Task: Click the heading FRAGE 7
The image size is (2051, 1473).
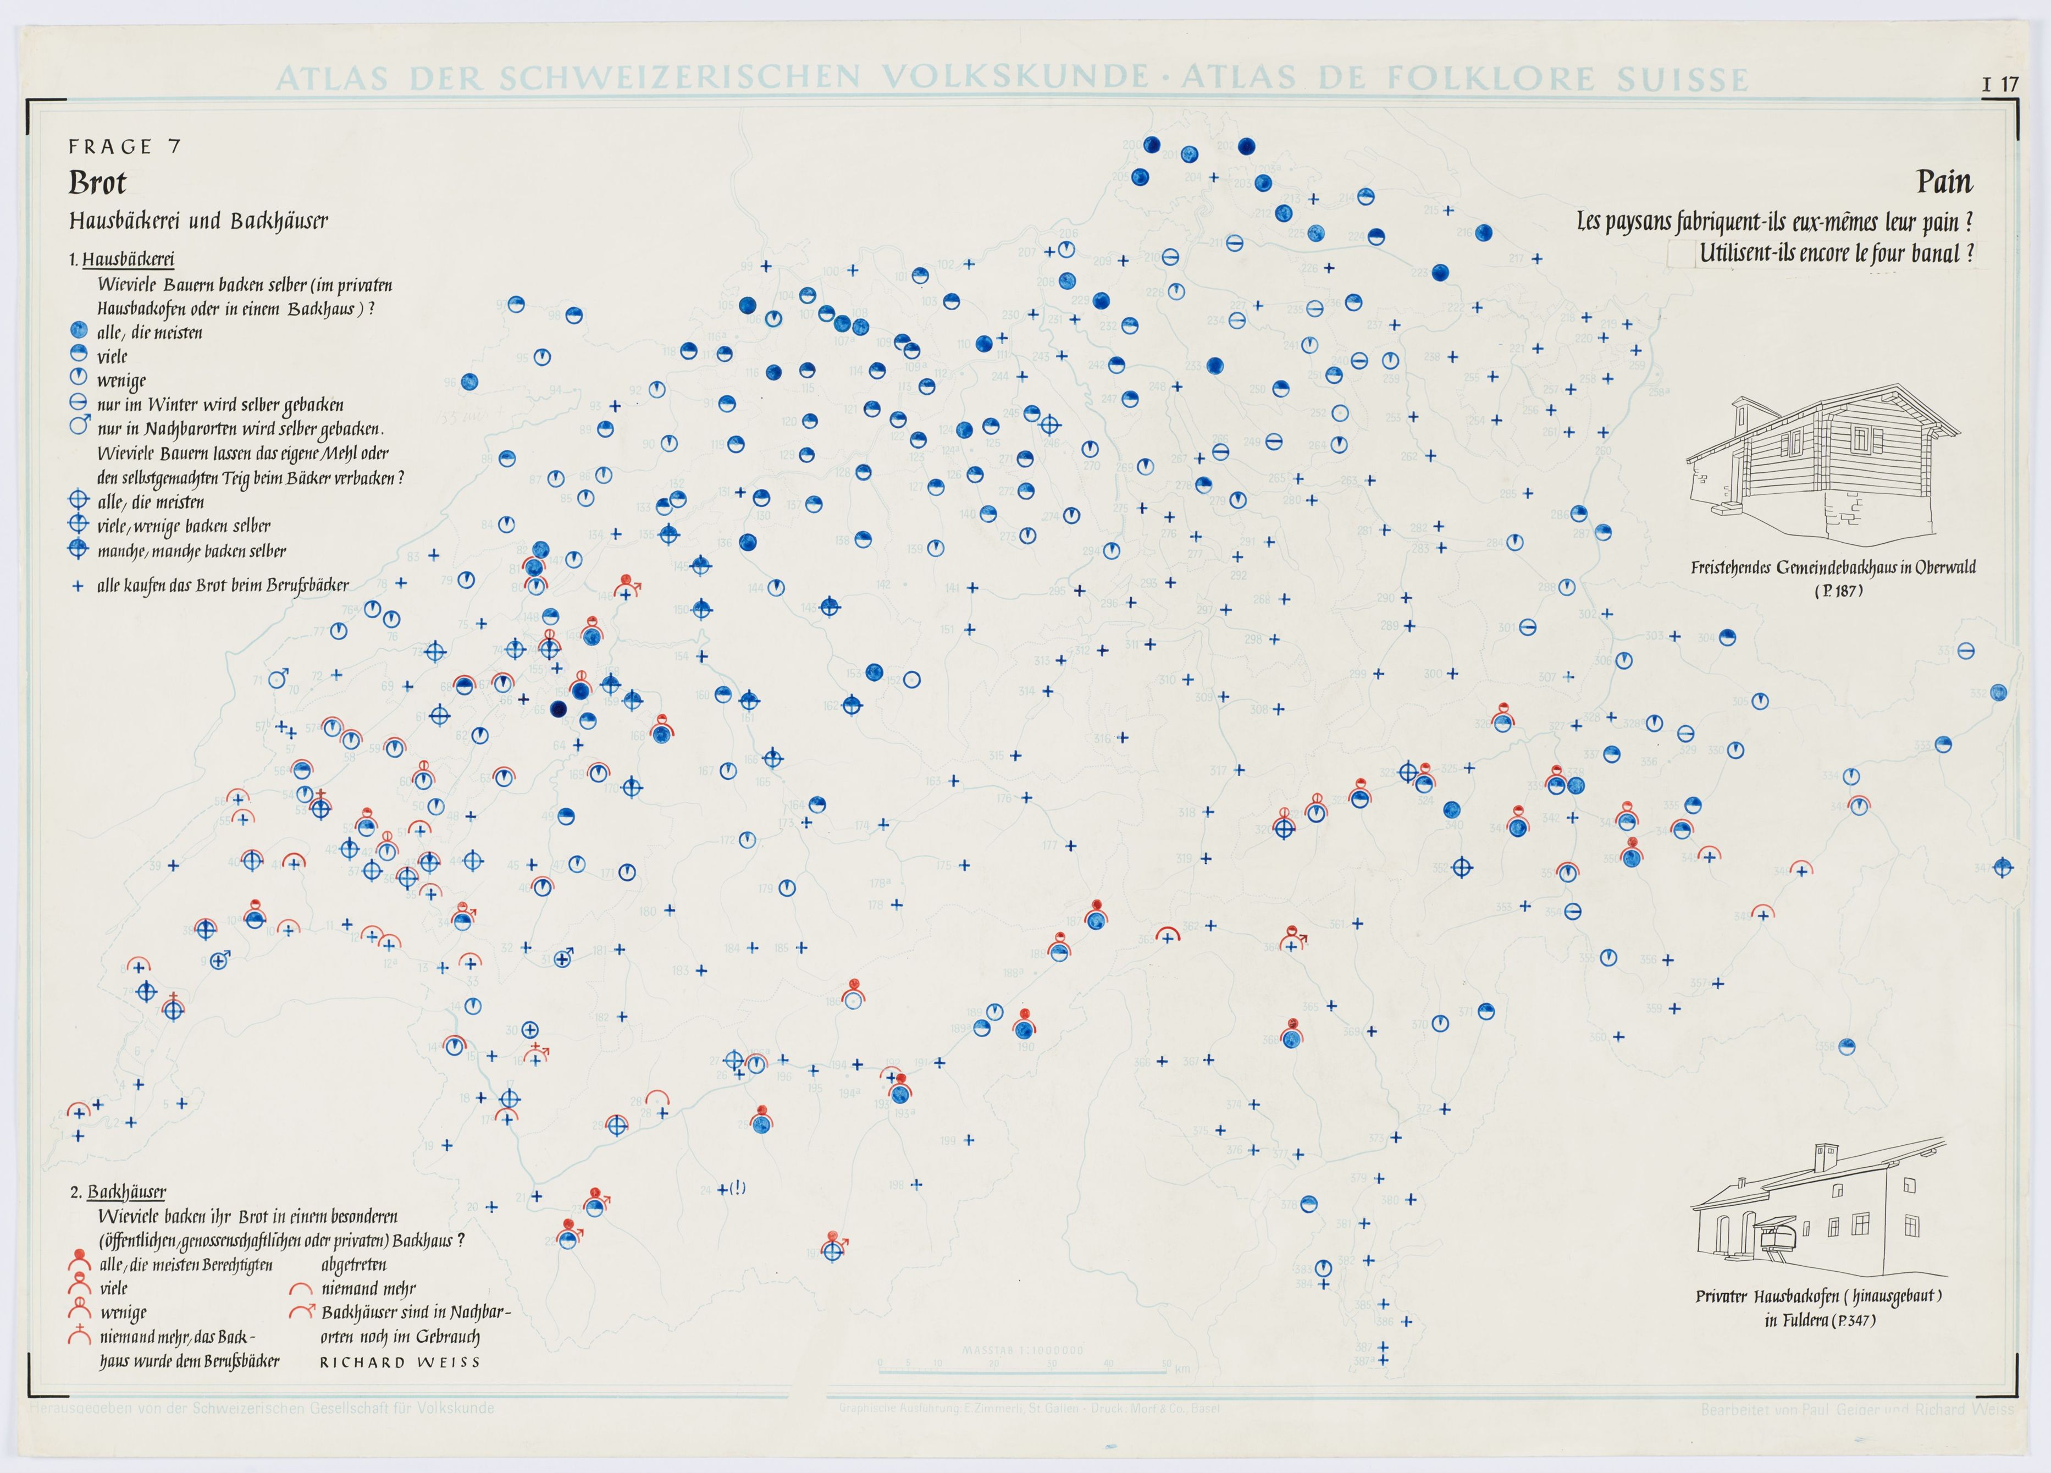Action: (124, 146)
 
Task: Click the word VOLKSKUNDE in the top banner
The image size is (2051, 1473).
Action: (1005, 78)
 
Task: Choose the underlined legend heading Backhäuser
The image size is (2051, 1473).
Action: (126, 1192)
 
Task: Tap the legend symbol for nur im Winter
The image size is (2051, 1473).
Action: (78, 403)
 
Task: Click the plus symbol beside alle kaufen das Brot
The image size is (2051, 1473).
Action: (78, 586)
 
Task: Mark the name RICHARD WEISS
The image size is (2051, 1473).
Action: (399, 1362)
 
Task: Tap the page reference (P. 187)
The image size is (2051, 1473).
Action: (1838, 591)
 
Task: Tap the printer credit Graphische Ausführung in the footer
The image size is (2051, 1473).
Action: (1029, 1408)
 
